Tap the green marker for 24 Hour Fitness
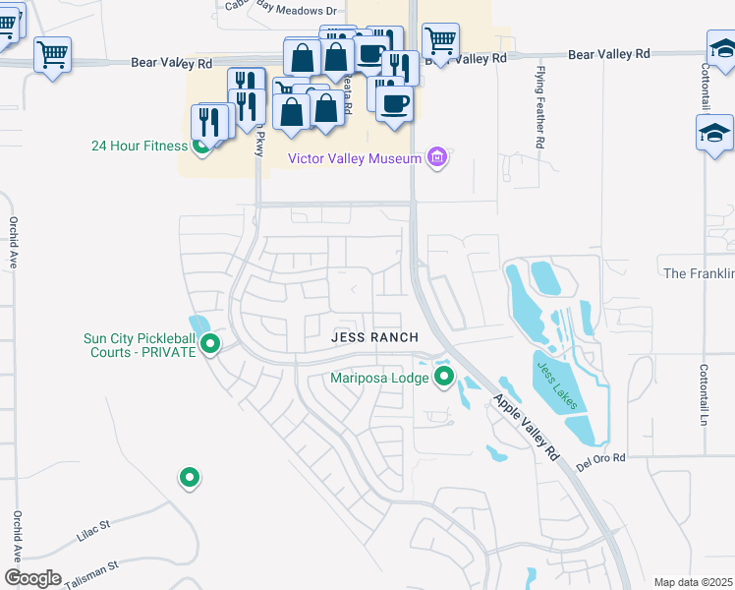(202, 147)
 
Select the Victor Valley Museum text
(354, 158)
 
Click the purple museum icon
(437, 157)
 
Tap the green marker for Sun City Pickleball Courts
(209, 343)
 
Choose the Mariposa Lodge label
(381, 378)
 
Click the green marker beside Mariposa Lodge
(444, 376)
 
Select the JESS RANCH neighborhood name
(374, 337)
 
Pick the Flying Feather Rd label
(539, 109)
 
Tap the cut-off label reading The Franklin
(699, 273)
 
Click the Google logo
(32, 578)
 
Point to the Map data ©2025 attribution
(694, 582)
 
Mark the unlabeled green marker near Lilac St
(190, 478)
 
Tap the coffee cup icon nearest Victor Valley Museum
(394, 103)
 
